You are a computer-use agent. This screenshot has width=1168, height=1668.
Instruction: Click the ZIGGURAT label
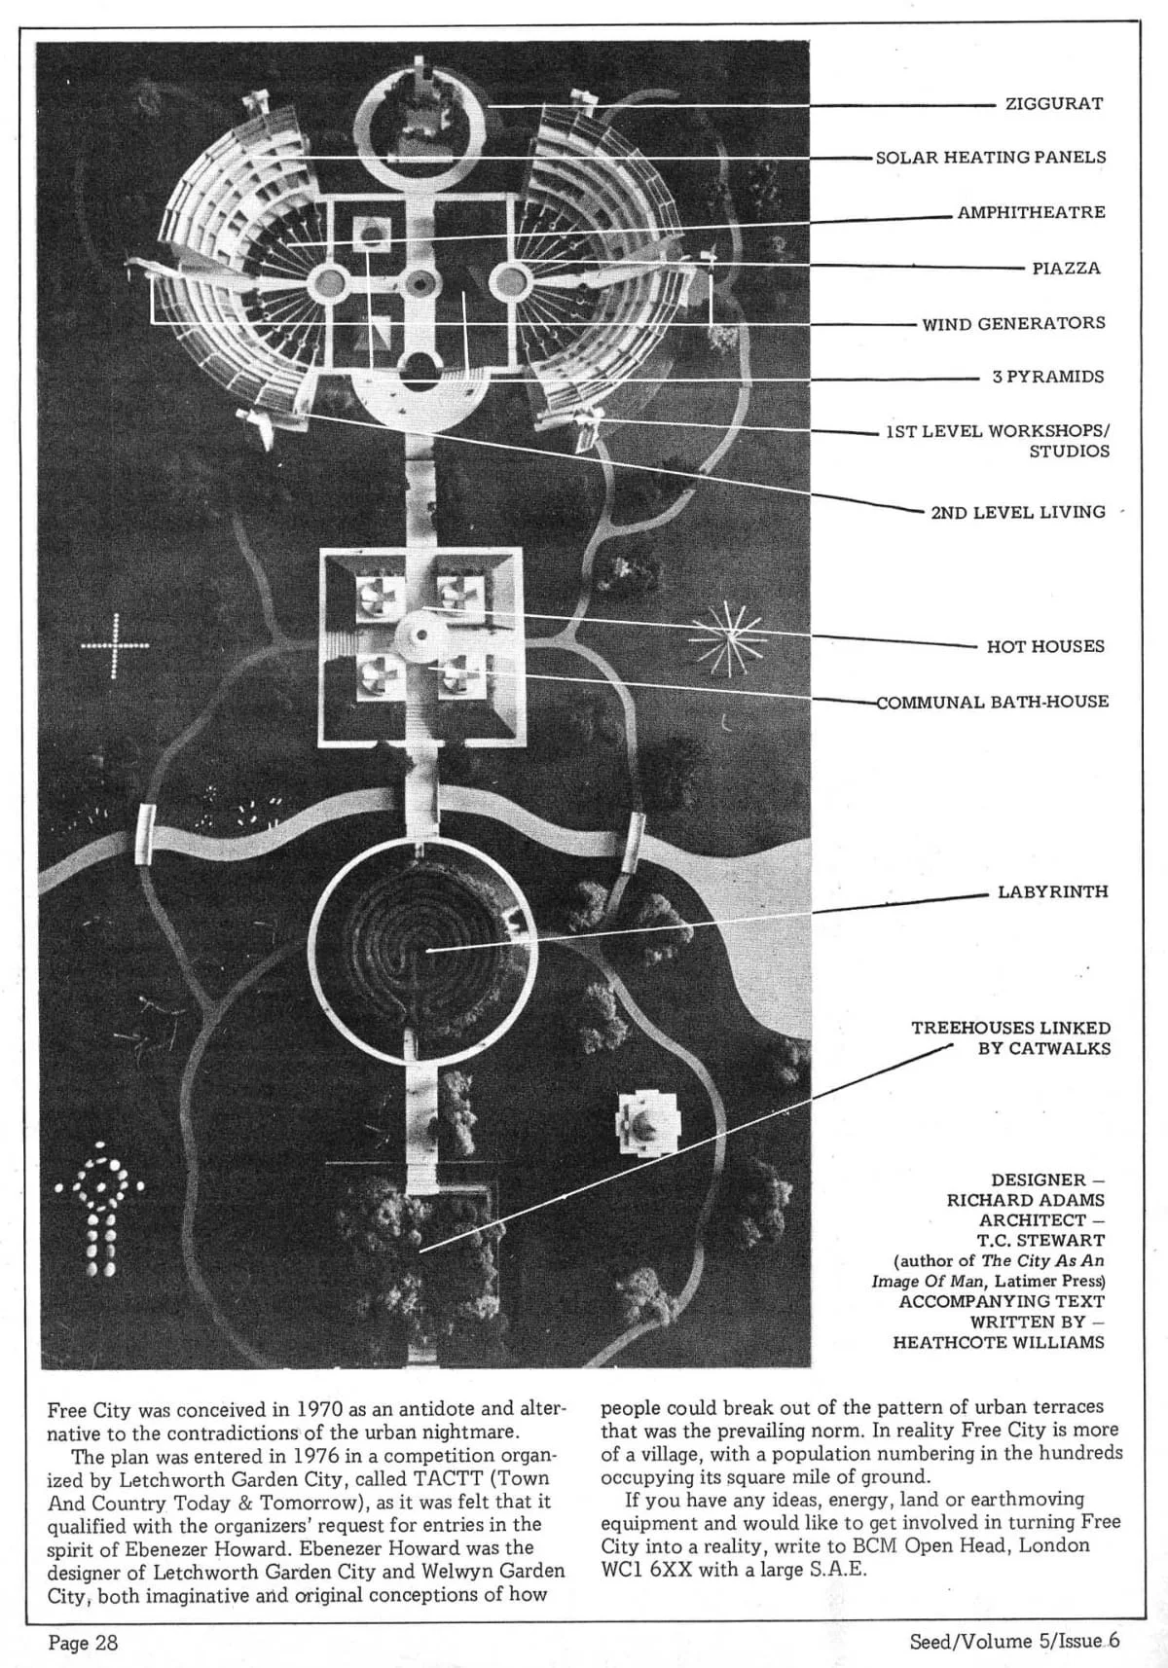coord(1054,103)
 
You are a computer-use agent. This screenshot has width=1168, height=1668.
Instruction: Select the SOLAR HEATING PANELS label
coord(991,157)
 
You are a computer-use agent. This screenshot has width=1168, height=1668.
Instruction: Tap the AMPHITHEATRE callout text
coord(1032,212)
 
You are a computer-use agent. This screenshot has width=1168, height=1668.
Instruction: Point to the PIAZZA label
coord(1067,268)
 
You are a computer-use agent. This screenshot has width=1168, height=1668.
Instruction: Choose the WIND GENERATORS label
coord(1014,323)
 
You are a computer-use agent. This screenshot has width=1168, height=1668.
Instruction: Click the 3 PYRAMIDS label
coord(1048,377)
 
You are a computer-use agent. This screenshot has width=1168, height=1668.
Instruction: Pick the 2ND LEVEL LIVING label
coord(1018,512)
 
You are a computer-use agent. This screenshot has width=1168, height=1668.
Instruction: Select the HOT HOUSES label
coord(1045,646)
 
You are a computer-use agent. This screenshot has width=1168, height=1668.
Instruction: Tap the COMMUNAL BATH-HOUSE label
coord(993,702)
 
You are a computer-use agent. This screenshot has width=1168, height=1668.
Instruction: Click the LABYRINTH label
coord(1052,891)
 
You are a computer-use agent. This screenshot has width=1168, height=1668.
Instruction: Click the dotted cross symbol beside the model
coord(116,645)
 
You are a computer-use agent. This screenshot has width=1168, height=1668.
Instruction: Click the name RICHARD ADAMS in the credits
coord(1026,1200)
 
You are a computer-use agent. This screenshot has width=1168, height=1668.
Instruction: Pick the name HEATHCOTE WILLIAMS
coord(999,1342)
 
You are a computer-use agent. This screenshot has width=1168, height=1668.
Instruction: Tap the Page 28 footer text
coord(84,1643)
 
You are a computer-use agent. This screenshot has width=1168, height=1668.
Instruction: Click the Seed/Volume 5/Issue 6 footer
coord(1014,1641)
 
